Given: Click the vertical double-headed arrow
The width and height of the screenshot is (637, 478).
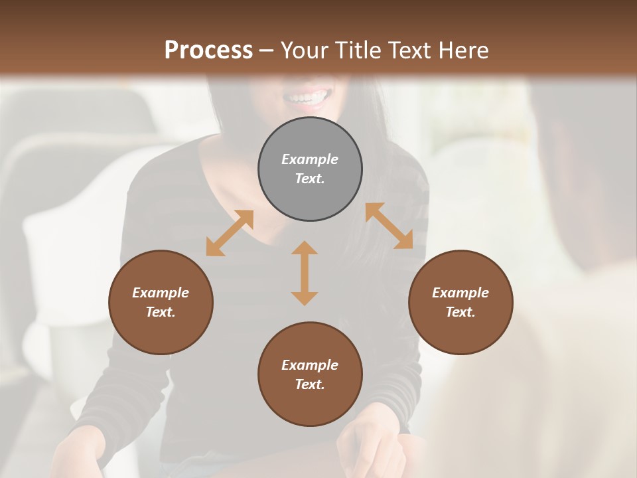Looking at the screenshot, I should coord(305,273).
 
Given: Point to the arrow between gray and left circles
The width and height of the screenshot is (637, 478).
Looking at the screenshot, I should coord(230,233).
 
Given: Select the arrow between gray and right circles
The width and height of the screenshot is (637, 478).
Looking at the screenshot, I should coord(389,226).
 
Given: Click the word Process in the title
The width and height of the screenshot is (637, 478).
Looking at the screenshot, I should coord(208,50).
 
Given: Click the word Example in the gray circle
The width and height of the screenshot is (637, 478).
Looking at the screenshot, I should coord(310,159).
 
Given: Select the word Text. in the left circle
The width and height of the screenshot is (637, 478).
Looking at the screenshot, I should coord(161,312).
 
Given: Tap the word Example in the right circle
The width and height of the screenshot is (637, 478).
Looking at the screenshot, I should coord(460,293).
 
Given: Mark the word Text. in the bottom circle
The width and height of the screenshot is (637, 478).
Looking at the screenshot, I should coord(310,384).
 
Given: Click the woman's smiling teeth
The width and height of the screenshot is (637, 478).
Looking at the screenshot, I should coord(307,98).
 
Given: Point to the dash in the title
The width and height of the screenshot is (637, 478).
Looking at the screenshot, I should coord(266,50).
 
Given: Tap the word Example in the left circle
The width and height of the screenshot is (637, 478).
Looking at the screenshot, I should coord(161,293).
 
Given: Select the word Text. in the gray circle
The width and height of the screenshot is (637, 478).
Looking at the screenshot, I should coord(310,179).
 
